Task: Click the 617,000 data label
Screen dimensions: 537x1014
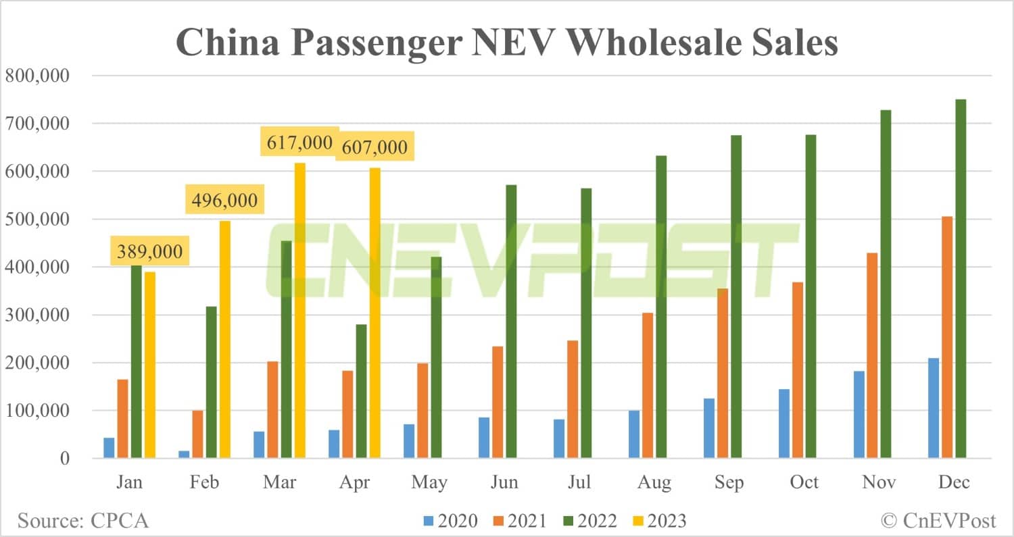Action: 299,143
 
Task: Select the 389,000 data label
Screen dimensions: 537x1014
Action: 150,252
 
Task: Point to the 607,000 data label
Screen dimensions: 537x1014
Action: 375,147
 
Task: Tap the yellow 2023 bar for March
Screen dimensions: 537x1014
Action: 299,311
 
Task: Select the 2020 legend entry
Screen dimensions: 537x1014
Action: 450,521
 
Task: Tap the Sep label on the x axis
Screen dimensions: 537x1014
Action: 729,482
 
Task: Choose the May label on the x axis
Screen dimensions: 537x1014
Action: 429,482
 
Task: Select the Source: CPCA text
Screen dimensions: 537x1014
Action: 83,521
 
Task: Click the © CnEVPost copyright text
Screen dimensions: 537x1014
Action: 938,521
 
